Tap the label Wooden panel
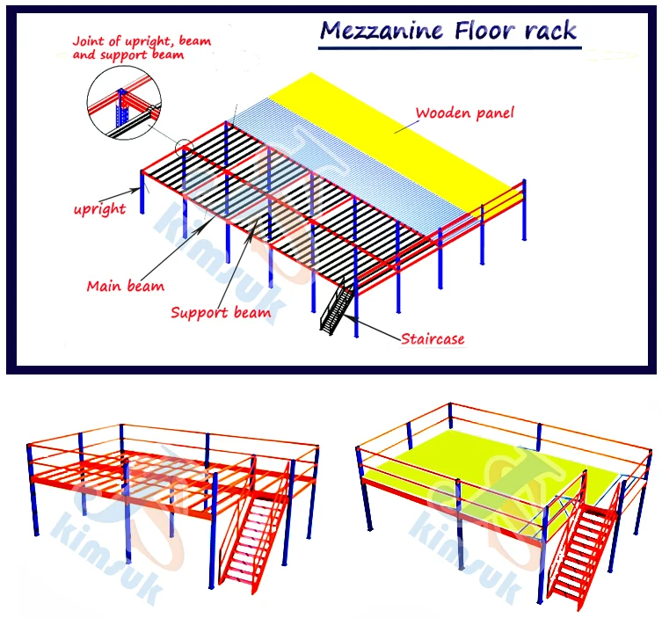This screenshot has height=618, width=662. coord(464,113)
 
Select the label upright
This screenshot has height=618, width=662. coord(99,209)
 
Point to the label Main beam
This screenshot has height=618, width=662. coord(125,285)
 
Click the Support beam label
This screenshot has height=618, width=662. coord(221,311)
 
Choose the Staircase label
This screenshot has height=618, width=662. coord(433,338)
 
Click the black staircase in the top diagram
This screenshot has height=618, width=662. coord(338,309)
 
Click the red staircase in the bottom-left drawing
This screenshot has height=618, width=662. coord(256,537)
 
